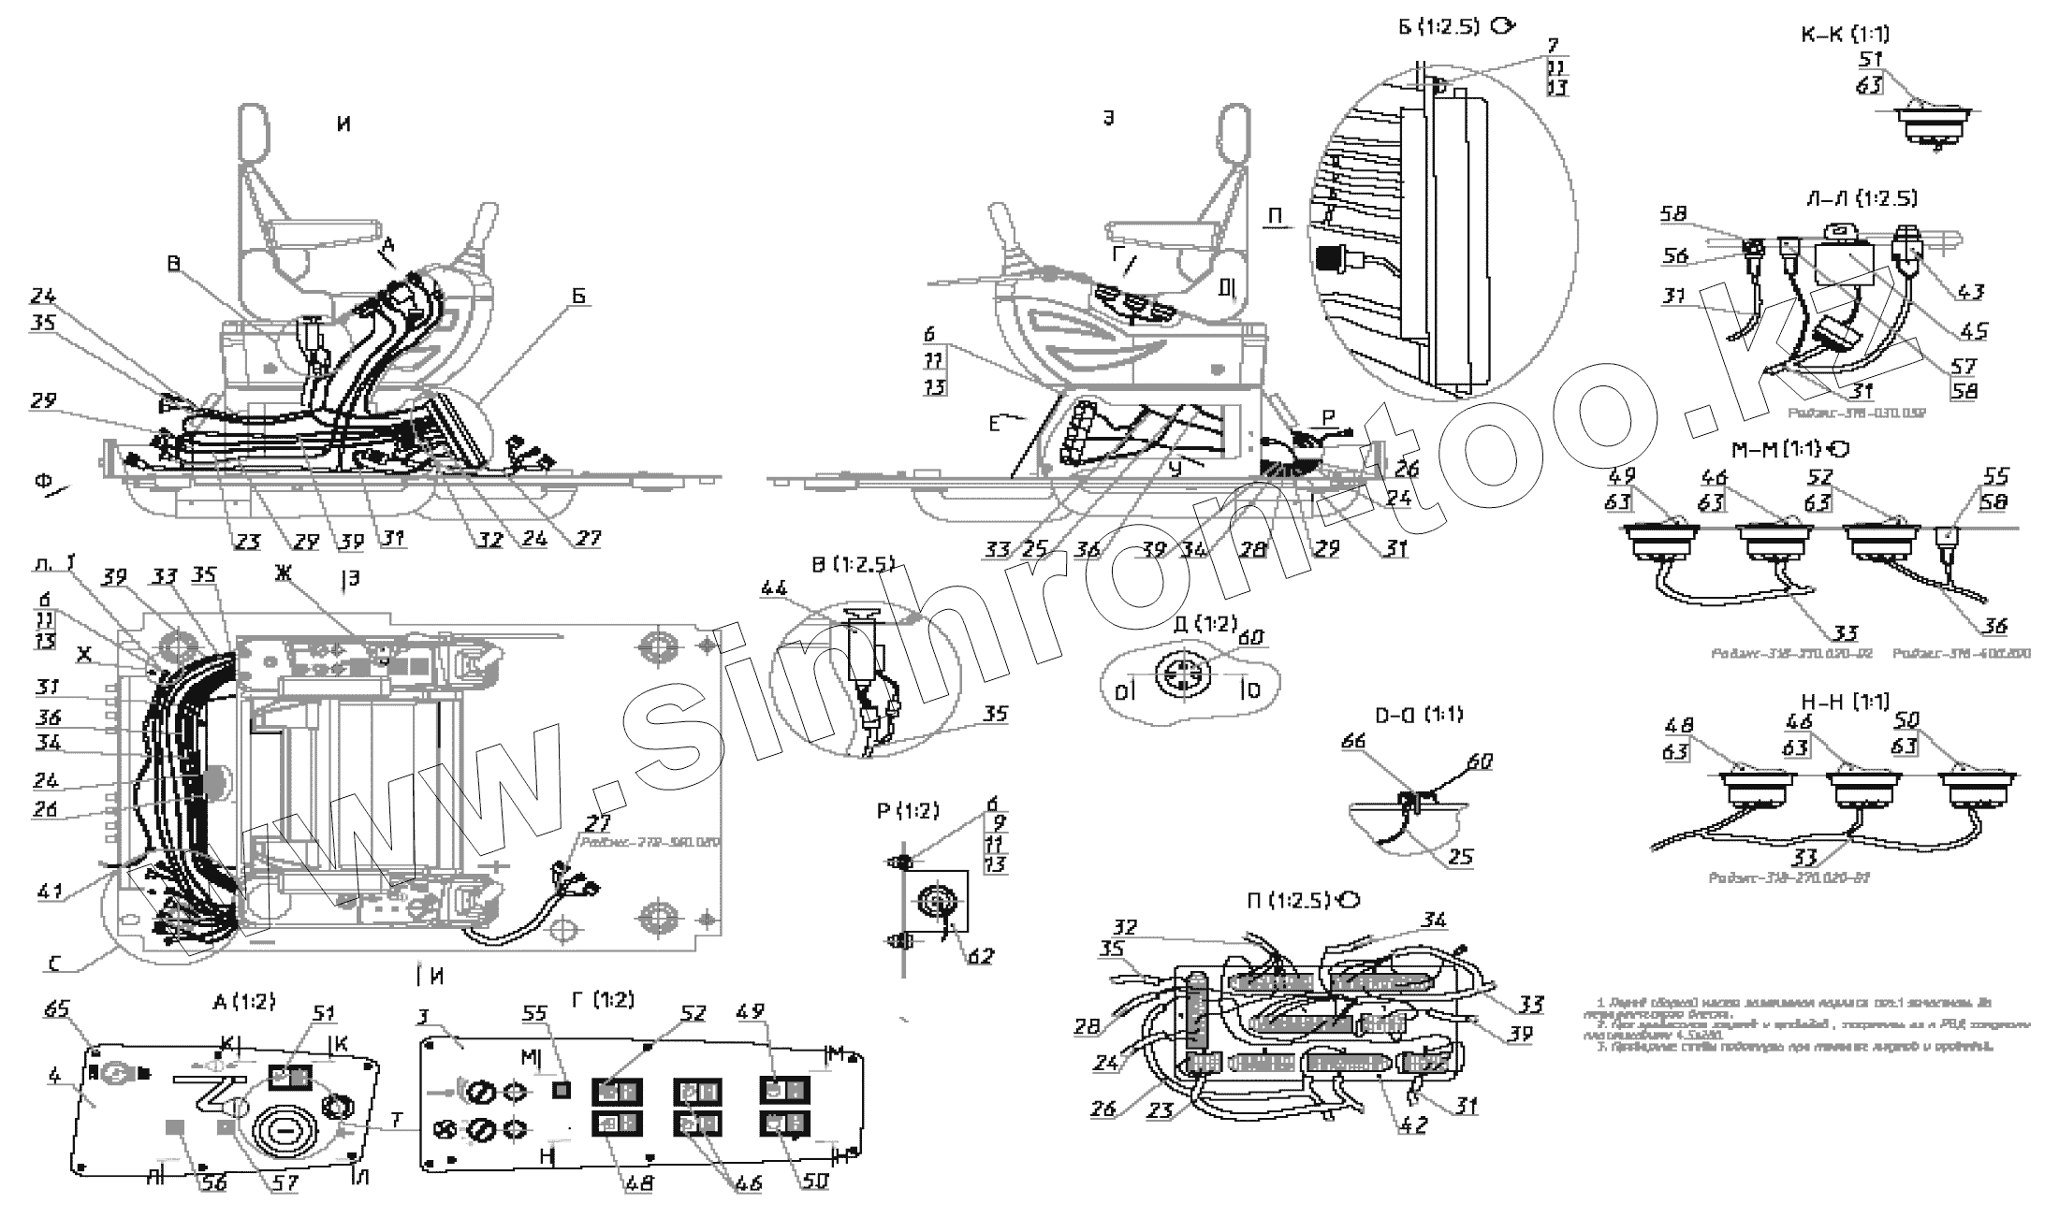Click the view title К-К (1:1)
pos(1845,35)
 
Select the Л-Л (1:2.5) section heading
pos(1862,198)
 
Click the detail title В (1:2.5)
pos(853,565)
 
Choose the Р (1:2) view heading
pos(907,811)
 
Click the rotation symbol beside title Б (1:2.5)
pos(1501,27)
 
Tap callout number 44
pos(774,589)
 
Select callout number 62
pos(980,956)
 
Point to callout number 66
pos(1379,742)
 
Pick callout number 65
pos(57,1009)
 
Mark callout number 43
pos(1970,292)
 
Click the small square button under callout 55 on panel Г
pos(562,1089)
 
